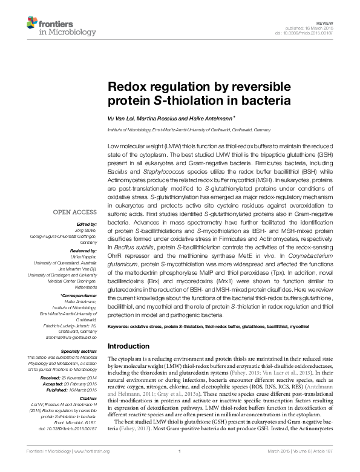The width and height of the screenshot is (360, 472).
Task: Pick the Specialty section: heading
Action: (79, 352)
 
